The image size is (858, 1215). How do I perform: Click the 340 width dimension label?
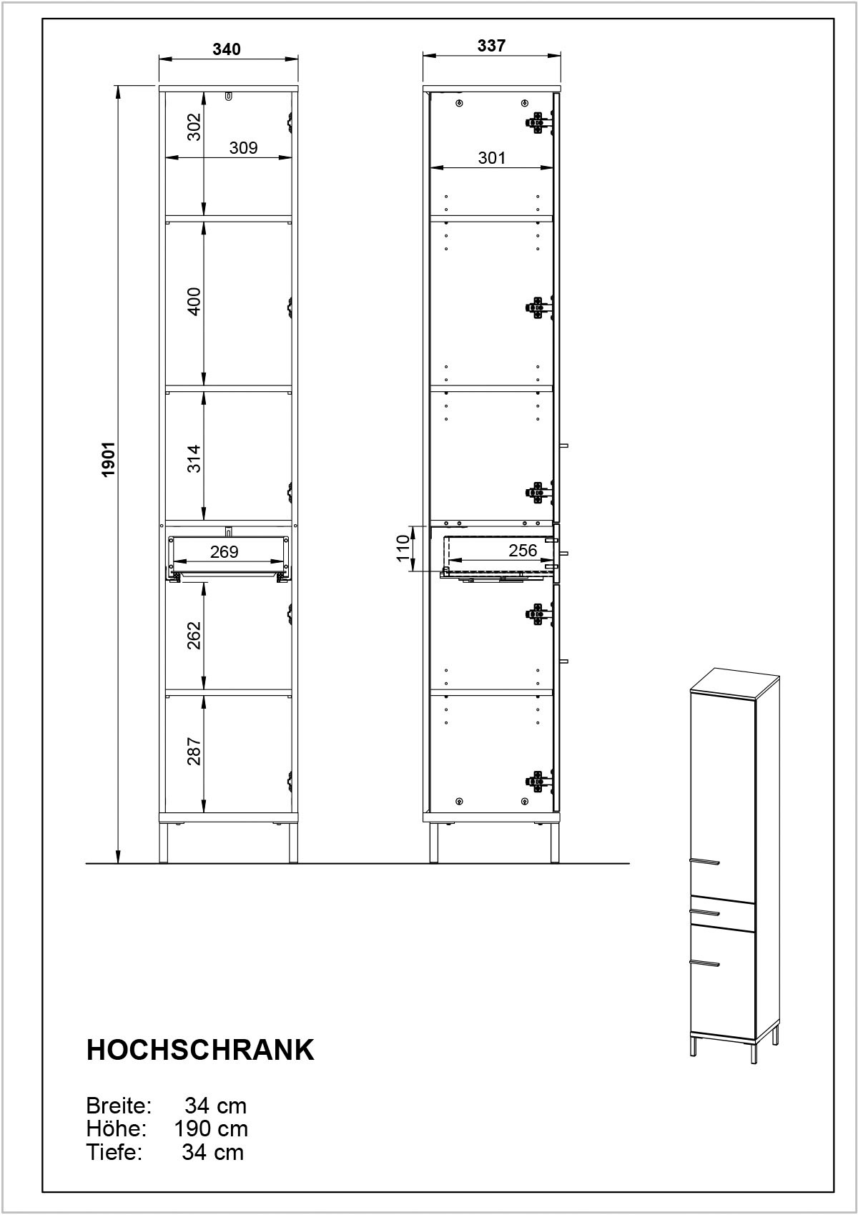[226, 49]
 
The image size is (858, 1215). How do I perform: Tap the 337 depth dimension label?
[491, 46]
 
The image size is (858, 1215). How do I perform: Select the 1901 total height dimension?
[109, 459]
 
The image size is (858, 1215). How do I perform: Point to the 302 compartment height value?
[194, 127]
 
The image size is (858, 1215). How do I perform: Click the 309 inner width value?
[243, 147]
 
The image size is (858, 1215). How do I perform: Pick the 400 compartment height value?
[194, 302]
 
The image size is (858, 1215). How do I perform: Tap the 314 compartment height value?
[194, 459]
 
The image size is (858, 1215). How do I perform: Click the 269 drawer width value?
[224, 551]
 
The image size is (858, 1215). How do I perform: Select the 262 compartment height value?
[194, 635]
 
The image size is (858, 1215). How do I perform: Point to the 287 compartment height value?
[194, 751]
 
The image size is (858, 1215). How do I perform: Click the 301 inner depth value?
[491, 158]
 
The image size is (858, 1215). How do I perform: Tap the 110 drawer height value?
[403, 549]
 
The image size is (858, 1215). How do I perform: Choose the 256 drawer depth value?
[522, 551]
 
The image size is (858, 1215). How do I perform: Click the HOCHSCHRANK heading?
[200, 1050]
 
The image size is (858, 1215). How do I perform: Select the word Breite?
[119, 1106]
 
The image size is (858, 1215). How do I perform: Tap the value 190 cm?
[211, 1128]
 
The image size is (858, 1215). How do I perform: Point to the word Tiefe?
[114, 1152]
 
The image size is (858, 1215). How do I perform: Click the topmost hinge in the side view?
[538, 122]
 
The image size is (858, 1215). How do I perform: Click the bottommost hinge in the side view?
[538, 781]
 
